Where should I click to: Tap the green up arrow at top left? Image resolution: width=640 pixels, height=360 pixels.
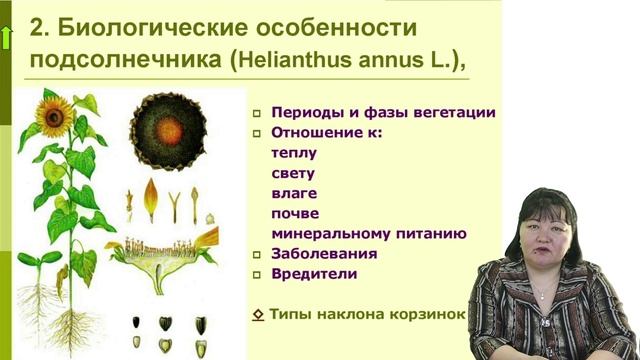click(x=8, y=38)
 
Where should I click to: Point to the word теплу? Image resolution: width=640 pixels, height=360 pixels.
click(x=294, y=153)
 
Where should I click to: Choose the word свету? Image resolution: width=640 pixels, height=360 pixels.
click(x=293, y=173)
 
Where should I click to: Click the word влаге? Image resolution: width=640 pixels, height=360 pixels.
click(x=293, y=193)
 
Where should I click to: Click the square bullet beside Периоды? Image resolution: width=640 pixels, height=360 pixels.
click(x=257, y=114)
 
